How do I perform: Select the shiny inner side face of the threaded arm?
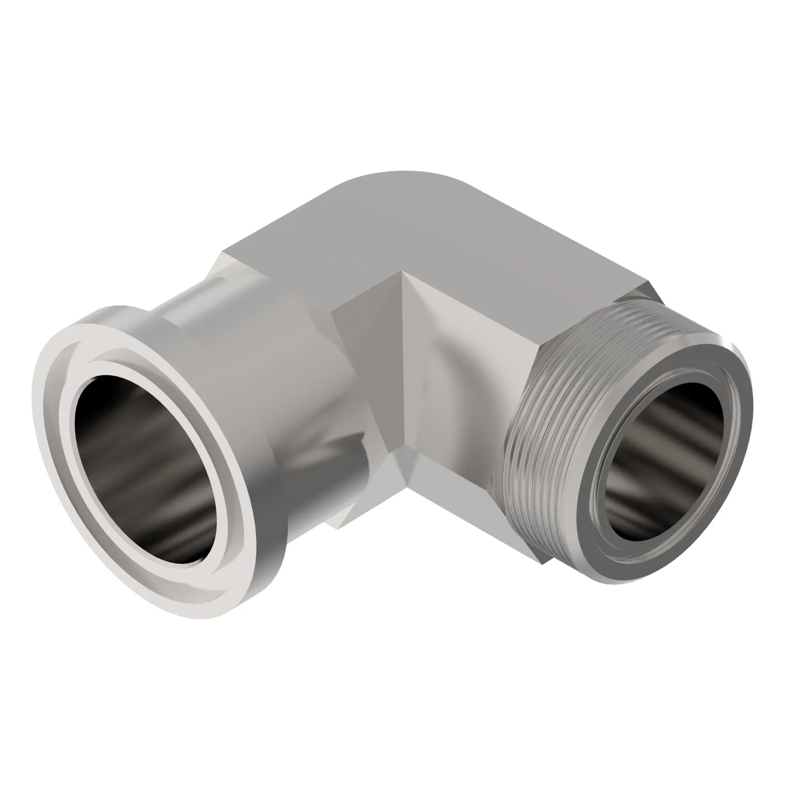[457, 374]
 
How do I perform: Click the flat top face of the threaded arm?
[520, 249]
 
